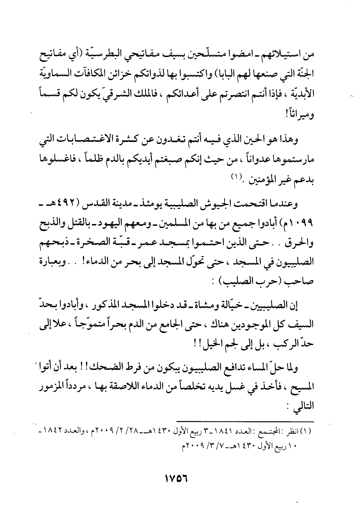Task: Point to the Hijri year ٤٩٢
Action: (x=76, y=205)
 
